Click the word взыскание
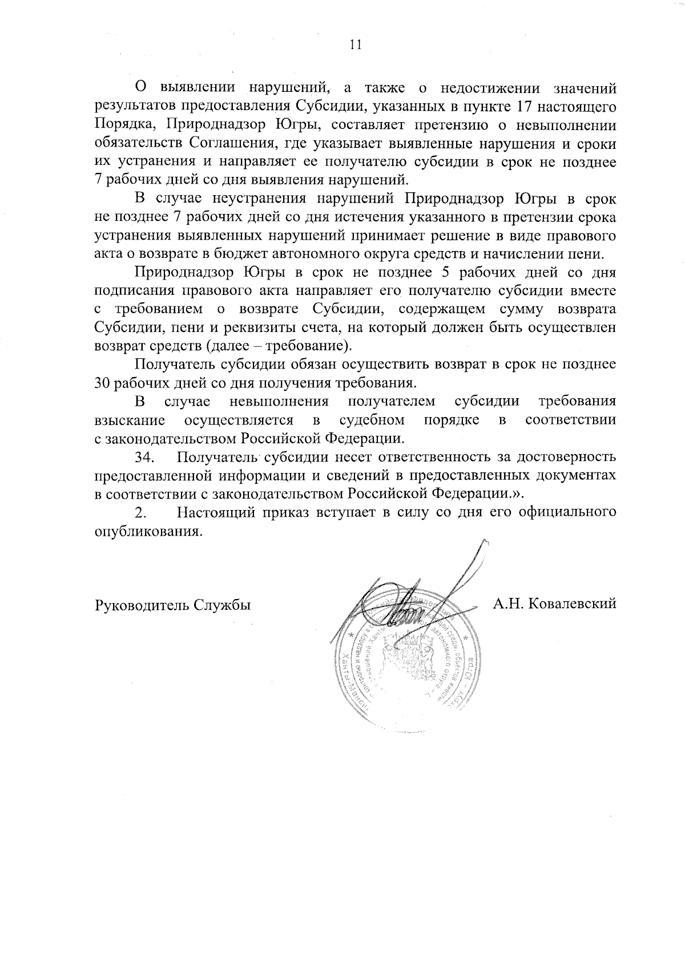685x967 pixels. click(130, 421)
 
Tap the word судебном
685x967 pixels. click(372, 421)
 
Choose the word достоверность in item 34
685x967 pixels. click(572, 458)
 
